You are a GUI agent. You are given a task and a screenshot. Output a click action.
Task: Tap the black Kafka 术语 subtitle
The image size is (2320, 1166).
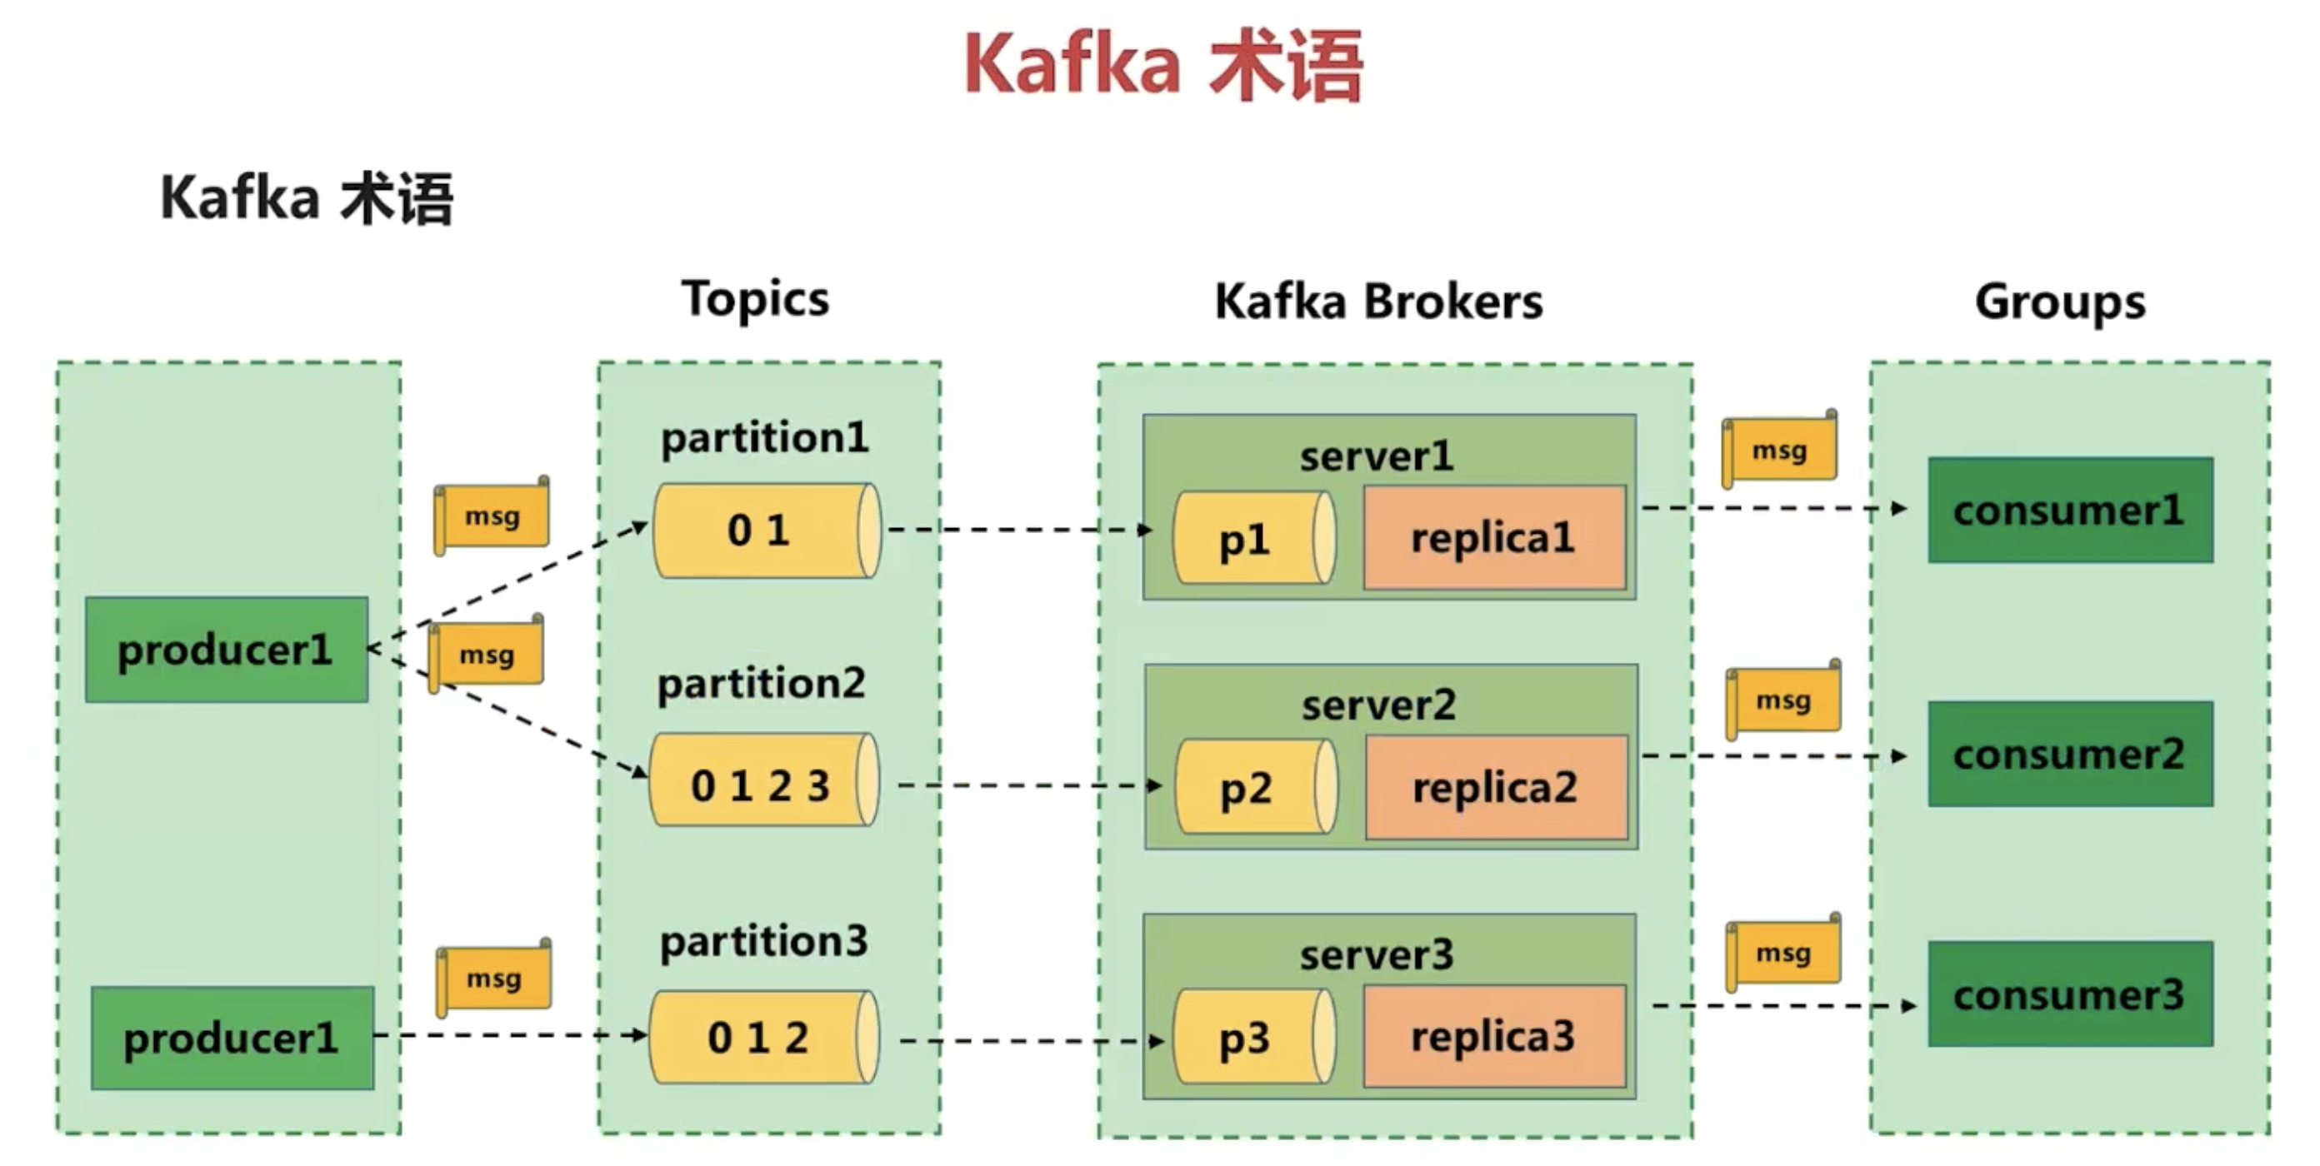tap(306, 198)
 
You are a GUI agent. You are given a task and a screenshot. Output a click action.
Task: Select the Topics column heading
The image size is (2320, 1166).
tap(755, 299)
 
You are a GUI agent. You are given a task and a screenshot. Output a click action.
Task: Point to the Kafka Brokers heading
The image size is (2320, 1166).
tap(1378, 301)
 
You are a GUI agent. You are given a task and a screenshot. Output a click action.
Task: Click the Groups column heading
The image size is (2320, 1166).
tap(2060, 302)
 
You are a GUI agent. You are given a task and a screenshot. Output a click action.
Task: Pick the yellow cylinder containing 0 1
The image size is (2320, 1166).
tap(766, 531)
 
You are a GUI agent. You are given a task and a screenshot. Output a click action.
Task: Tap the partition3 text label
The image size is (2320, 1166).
tap(763, 942)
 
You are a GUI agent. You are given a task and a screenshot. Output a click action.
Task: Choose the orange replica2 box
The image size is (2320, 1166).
tap(1495, 788)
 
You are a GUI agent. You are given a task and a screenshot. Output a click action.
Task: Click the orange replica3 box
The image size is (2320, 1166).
tap(1493, 1036)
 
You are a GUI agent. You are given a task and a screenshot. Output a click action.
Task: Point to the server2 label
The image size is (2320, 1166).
tap(1378, 705)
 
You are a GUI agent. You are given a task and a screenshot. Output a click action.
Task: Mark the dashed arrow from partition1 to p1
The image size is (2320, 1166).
tap(1017, 530)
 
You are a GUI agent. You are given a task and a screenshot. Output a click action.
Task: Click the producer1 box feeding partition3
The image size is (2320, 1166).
tap(232, 1038)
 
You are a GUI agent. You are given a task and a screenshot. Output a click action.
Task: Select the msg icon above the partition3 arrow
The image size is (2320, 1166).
tap(493, 978)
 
